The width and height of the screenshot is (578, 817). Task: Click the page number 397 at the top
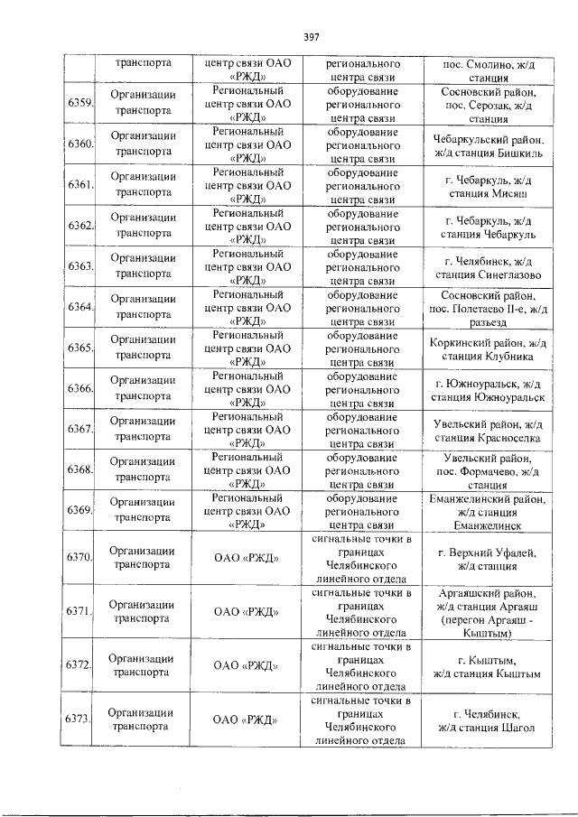[x=312, y=37]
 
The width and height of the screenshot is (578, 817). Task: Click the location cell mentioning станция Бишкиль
[x=489, y=144]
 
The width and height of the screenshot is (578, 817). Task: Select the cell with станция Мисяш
[x=489, y=185]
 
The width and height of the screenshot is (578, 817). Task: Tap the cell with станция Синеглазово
[x=489, y=266]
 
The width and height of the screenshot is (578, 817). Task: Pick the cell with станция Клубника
[x=489, y=348]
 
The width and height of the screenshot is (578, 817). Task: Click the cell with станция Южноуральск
[x=489, y=388]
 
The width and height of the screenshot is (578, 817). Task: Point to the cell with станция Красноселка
[x=489, y=429]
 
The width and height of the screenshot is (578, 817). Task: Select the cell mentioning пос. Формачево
[x=489, y=469]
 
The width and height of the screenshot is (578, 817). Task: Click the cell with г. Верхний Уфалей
[x=489, y=558]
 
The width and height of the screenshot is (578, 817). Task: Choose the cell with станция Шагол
[x=489, y=720]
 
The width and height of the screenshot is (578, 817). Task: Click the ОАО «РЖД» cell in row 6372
[x=246, y=665]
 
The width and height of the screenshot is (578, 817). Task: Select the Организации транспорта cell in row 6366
[x=143, y=388]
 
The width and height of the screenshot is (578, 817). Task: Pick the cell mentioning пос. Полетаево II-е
[x=489, y=307]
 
